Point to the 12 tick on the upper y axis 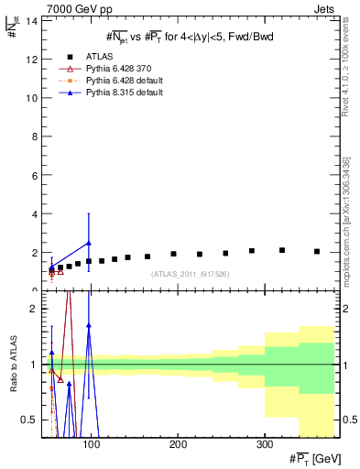31,60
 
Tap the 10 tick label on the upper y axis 31,98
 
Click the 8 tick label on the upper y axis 34,136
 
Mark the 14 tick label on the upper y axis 31,21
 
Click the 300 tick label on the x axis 264,444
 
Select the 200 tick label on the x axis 178,444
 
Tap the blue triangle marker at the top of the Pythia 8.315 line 88,243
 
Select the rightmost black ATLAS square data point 317,251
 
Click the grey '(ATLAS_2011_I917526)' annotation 190,275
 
